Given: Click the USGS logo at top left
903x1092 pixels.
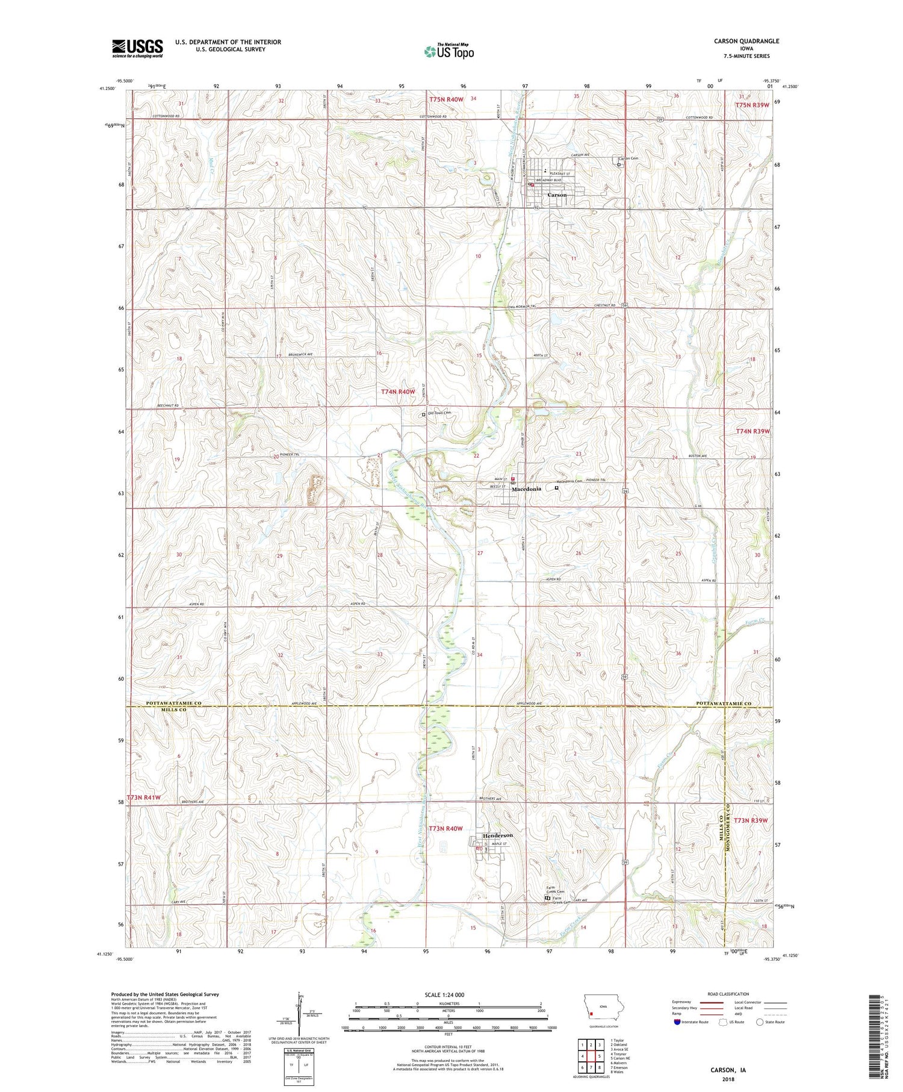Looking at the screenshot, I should point(137,48).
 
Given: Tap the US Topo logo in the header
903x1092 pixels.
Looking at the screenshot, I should point(448,52).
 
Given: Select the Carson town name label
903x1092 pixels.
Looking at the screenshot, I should point(557,195).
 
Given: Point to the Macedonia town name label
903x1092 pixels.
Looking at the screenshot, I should point(527,489).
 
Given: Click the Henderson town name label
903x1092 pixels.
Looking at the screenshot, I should point(498,835).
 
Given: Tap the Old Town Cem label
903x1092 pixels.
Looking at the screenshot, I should point(439,413).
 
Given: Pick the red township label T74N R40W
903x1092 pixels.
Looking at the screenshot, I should point(399,392).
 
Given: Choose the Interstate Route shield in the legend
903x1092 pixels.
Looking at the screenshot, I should point(678,1022).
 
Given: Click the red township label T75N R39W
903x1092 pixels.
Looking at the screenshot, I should point(752,105).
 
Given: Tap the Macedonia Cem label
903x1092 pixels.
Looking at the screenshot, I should point(568,481).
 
